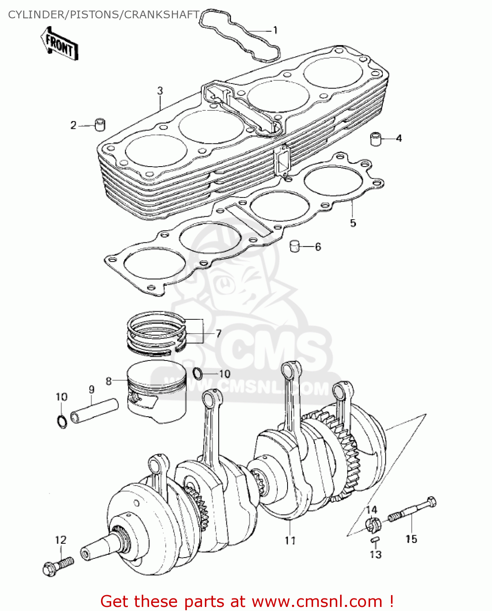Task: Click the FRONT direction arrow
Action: pyautogui.click(x=59, y=44)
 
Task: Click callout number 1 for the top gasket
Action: pyautogui.click(x=275, y=30)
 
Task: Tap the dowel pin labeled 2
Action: pyautogui.click(x=100, y=125)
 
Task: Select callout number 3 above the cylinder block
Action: pyautogui.click(x=160, y=90)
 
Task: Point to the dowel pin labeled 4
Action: pyautogui.click(x=376, y=138)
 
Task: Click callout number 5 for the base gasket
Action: pyautogui.click(x=353, y=223)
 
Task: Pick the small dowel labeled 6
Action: pyautogui.click(x=294, y=246)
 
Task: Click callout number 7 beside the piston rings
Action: pyautogui.click(x=219, y=334)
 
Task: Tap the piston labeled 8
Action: pyautogui.click(x=157, y=391)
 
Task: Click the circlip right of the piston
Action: pyautogui.click(x=197, y=373)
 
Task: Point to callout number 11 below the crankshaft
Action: pyautogui.click(x=290, y=541)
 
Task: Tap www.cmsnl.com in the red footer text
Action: pyautogui.click(x=317, y=602)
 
